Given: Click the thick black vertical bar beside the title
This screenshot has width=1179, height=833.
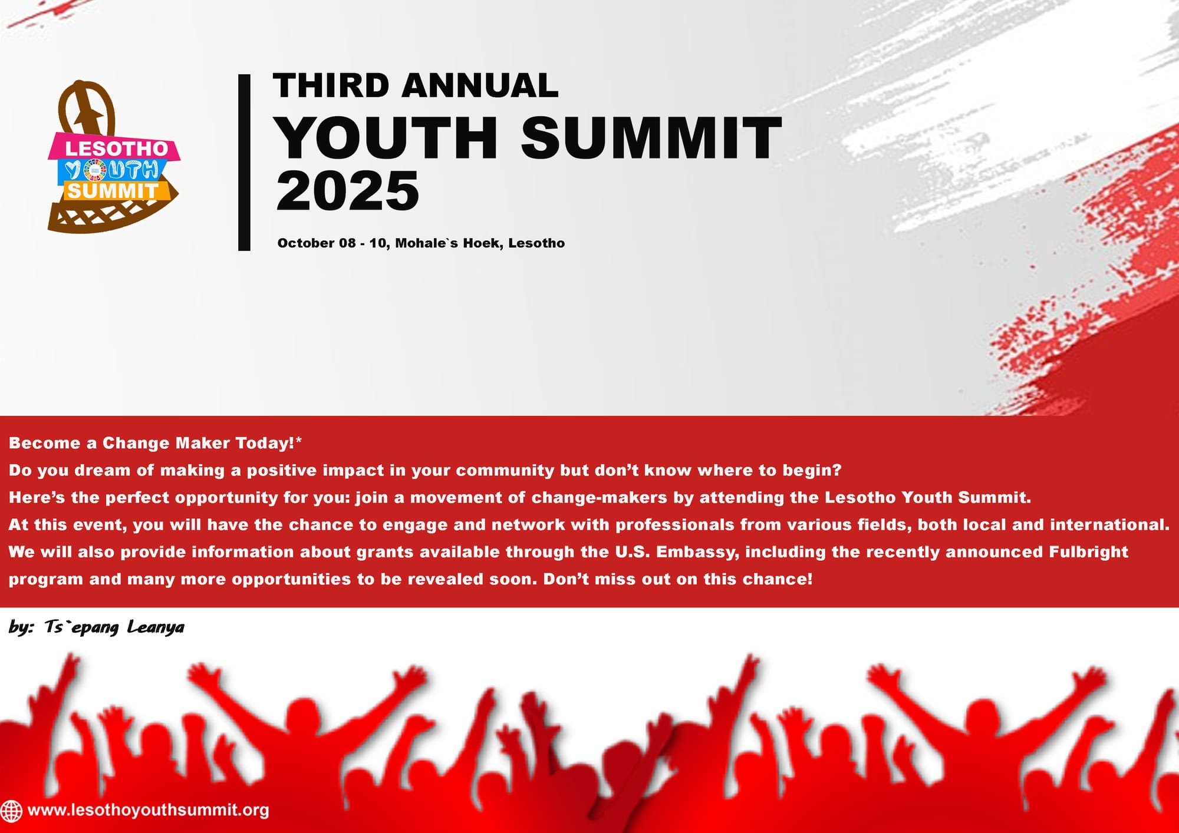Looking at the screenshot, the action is [244, 163].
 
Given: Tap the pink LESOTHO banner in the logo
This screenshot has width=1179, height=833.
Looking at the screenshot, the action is [115, 148].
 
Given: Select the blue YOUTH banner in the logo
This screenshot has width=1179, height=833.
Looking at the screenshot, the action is [112, 170].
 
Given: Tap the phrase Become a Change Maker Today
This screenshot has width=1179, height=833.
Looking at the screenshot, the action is [152, 443].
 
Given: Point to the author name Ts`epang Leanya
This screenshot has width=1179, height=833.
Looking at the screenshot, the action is [114, 627].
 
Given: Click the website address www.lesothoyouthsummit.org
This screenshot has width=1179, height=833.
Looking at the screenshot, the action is [148, 810].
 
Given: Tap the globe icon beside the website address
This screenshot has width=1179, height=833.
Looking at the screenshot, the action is [11, 811].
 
